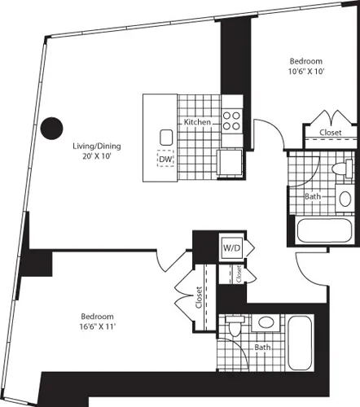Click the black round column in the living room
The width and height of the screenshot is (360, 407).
[52, 128]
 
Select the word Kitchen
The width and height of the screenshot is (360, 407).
[198, 122]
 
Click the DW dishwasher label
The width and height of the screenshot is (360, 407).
[167, 160]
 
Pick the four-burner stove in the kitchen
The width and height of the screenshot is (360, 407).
[231, 121]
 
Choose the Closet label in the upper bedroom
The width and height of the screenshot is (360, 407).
[330, 132]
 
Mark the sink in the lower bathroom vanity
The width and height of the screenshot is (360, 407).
[264, 323]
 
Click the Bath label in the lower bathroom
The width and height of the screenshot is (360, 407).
[262, 347]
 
